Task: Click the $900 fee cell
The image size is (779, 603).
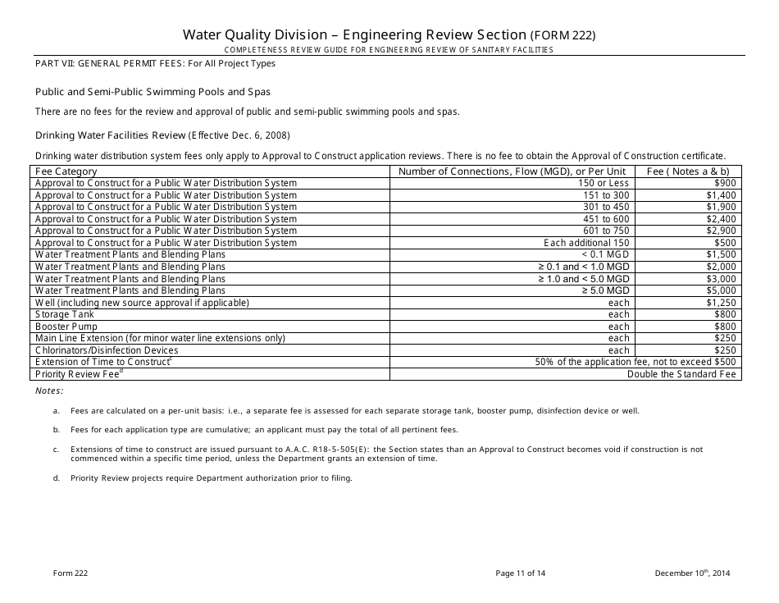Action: tap(725, 183)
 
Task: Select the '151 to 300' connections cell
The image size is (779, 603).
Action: tap(606, 195)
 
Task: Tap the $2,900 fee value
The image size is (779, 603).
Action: tap(722, 231)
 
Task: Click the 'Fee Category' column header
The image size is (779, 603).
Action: tap(66, 171)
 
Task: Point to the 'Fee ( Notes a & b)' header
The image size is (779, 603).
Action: tap(688, 171)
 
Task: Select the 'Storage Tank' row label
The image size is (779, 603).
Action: tap(65, 314)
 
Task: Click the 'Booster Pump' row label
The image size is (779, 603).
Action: tap(66, 326)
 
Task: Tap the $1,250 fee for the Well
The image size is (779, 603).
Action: tap(722, 302)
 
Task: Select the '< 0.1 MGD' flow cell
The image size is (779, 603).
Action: tap(608, 254)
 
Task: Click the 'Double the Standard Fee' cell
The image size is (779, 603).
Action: tap(681, 374)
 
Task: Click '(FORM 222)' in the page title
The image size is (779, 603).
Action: tap(563, 35)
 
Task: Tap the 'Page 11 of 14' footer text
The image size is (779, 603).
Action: tap(520, 573)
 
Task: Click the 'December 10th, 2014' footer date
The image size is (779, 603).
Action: tap(692, 573)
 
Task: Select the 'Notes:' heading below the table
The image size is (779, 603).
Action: tap(48, 391)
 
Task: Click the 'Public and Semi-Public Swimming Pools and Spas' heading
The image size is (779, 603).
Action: tap(153, 92)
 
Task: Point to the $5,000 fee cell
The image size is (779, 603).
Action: tap(722, 290)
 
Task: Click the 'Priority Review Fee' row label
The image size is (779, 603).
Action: tap(79, 374)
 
